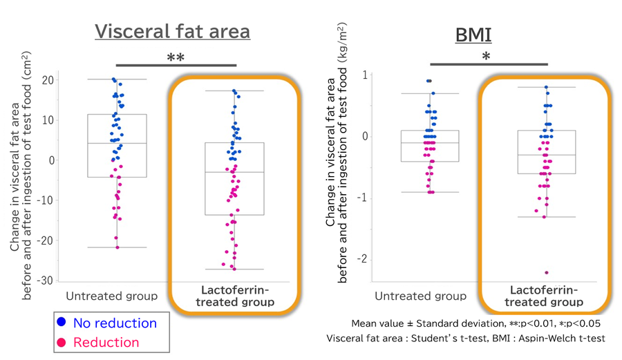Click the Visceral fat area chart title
pos(172,32)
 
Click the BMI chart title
pos(473,35)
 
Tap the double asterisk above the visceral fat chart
pos(176,58)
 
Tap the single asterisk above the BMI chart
pos(486,57)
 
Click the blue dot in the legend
pos(62,322)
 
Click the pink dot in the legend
pos(62,342)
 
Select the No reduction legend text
pos(115,323)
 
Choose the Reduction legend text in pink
pos(106,342)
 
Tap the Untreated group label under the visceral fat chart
pos(111,296)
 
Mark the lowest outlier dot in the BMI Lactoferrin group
pos(546,273)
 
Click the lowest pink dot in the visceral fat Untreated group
pos(117,247)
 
